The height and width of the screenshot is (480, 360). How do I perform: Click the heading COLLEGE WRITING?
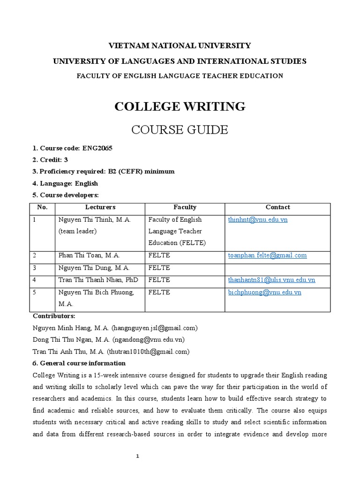point(180,106)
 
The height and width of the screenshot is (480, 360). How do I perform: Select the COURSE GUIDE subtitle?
point(180,129)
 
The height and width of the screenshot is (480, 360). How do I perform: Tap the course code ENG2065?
point(97,148)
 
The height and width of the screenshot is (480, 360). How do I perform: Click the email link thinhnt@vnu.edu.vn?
point(257,219)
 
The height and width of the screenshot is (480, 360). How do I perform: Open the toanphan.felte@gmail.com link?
point(267,255)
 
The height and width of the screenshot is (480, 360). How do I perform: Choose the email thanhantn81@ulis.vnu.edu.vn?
point(271,280)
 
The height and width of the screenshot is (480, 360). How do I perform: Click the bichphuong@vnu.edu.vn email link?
point(264,292)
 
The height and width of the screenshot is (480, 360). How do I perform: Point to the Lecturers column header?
point(100,207)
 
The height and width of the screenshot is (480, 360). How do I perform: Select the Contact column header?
point(277,207)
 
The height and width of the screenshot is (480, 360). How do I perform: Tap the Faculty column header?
point(185,207)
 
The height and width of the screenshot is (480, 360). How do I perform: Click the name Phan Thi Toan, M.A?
point(90,255)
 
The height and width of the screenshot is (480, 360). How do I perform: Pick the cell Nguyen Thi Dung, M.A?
point(94,268)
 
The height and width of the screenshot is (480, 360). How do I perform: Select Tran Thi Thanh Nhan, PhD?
point(100,280)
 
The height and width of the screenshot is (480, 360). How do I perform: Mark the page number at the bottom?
point(138,457)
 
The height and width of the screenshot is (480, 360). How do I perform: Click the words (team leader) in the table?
point(77,231)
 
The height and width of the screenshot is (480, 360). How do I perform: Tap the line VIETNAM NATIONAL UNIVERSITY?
point(180,46)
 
